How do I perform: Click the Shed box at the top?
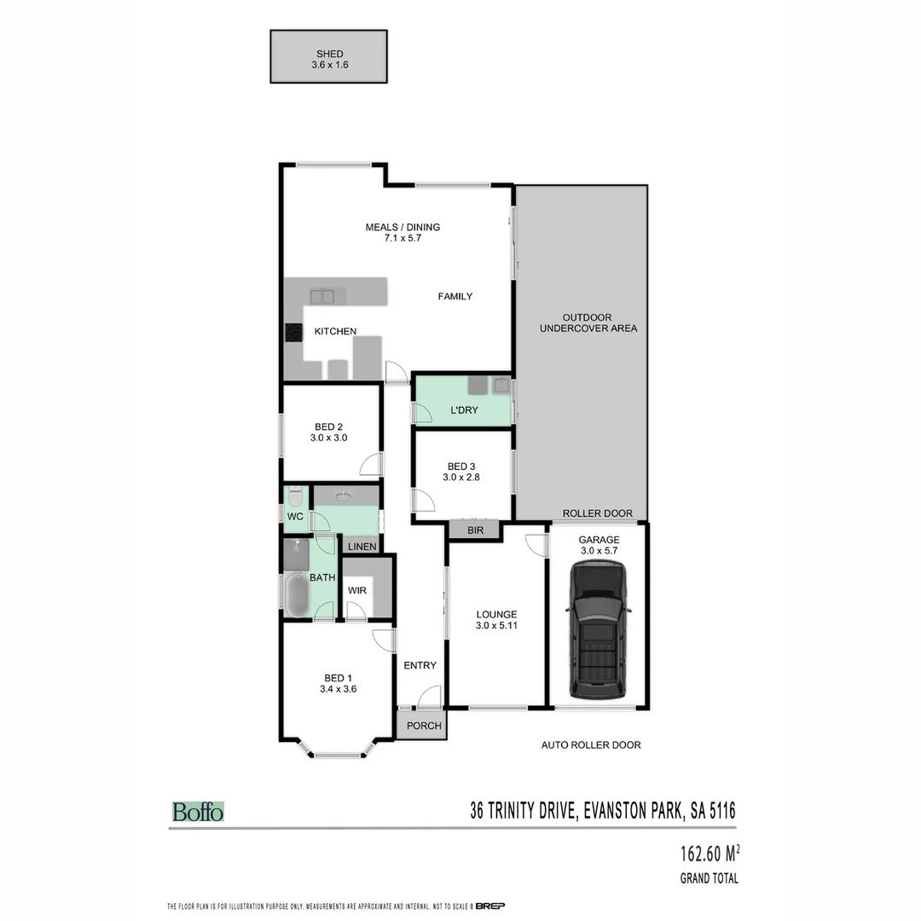point(329,57)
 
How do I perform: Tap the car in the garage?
point(600,631)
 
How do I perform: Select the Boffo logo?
point(198,811)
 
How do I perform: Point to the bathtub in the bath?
point(297,594)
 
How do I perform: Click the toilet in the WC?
point(295,496)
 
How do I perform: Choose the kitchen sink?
point(322,296)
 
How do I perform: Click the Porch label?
point(424,726)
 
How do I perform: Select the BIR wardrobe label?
point(475,530)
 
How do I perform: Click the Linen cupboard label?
point(362,546)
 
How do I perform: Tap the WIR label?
point(356,590)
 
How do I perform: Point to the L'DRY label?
point(464,410)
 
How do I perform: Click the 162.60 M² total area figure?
point(709,853)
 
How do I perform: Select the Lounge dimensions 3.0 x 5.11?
point(496,625)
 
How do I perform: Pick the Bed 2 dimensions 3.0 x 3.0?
point(329,437)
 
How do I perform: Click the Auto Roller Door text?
point(591,744)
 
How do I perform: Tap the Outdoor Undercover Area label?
point(588,322)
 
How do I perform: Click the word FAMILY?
point(455,296)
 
